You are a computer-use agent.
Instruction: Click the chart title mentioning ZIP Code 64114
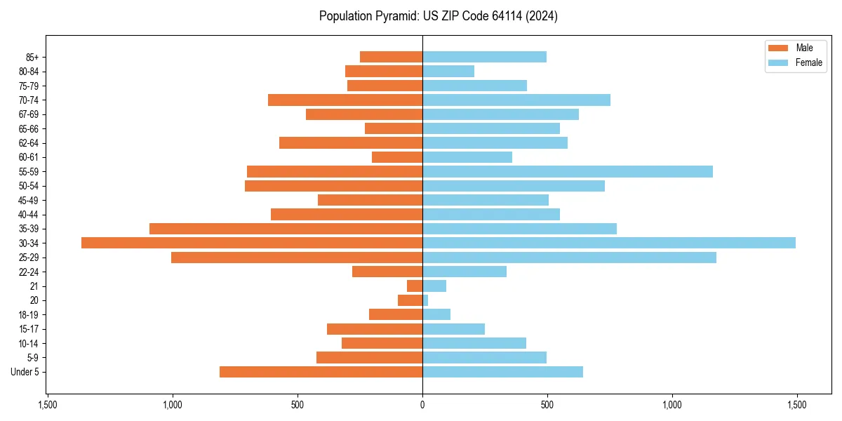438,16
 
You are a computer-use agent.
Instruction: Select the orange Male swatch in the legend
778,48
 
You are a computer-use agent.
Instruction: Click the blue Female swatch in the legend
778,62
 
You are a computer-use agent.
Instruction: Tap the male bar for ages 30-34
252,243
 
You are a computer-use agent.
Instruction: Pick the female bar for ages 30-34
609,243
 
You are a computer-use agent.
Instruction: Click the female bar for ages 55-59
568,171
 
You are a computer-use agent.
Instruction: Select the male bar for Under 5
321,372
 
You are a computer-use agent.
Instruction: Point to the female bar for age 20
425,300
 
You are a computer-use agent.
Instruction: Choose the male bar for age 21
415,286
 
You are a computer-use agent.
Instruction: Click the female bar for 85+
484,57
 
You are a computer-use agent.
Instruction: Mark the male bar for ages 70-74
345,100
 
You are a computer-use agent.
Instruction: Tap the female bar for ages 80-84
448,71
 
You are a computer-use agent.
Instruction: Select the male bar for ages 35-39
286,229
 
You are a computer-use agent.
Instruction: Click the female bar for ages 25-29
569,258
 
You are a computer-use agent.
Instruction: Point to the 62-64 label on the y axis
29,143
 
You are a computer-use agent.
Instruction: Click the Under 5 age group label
25,372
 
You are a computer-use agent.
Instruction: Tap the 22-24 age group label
29,272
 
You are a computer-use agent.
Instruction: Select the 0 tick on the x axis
422,405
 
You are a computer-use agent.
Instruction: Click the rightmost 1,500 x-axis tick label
796,405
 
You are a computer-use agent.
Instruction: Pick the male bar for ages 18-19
396,314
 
